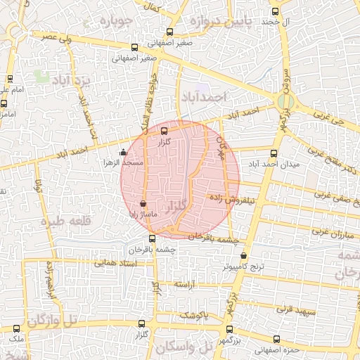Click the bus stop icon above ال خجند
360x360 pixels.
click(274, 11)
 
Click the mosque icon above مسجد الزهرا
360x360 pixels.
click(124, 151)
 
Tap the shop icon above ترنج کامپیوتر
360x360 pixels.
click(244, 257)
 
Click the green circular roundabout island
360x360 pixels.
click(284, 102)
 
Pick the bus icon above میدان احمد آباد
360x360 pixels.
click(274, 153)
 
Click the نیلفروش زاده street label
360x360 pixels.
click(229, 199)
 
